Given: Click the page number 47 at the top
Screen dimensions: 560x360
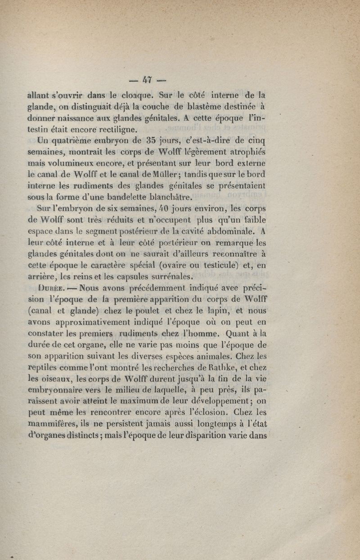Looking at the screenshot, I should click(145, 80).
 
